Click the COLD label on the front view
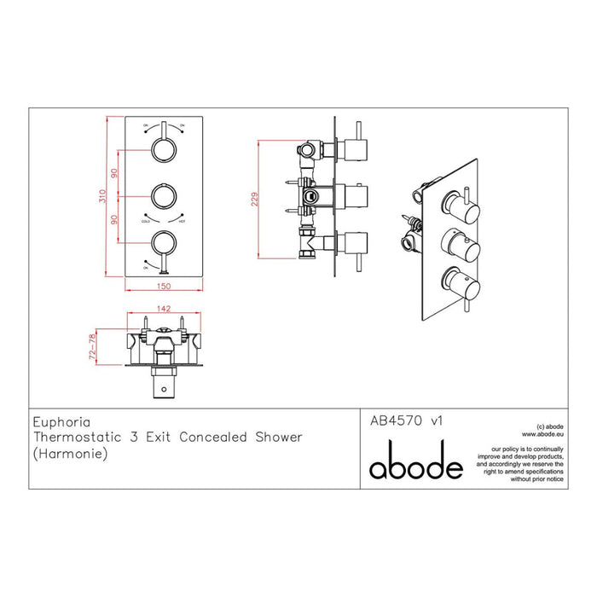pyautogui.click(x=146, y=221)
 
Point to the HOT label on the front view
pyautogui.click(x=182, y=221)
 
